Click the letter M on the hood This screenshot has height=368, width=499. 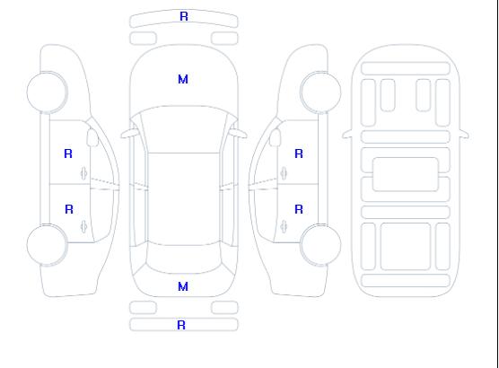(183, 79)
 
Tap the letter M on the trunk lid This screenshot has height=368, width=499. (183, 286)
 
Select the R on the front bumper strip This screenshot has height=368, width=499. (184, 16)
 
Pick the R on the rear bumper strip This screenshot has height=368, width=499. (181, 325)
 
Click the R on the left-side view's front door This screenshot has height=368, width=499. (68, 153)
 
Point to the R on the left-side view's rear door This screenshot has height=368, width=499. (69, 209)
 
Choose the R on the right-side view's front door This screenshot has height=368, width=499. (299, 153)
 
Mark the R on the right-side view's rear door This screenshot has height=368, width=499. (299, 209)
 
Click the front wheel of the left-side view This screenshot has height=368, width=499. (47, 92)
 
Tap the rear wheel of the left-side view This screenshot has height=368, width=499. (47, 245)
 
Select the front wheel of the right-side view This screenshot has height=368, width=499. (320, 92)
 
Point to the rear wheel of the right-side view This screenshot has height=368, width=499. (320, 245)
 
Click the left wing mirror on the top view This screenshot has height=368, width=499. (129, 134)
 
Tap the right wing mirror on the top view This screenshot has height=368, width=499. (238, 134)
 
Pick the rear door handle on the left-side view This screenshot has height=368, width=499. (84, 226)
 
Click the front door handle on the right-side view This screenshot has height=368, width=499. (284, 173)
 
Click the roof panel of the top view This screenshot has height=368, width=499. (184, 199)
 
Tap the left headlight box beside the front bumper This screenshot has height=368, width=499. (143, 39)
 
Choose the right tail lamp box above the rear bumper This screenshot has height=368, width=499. (224, 308)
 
